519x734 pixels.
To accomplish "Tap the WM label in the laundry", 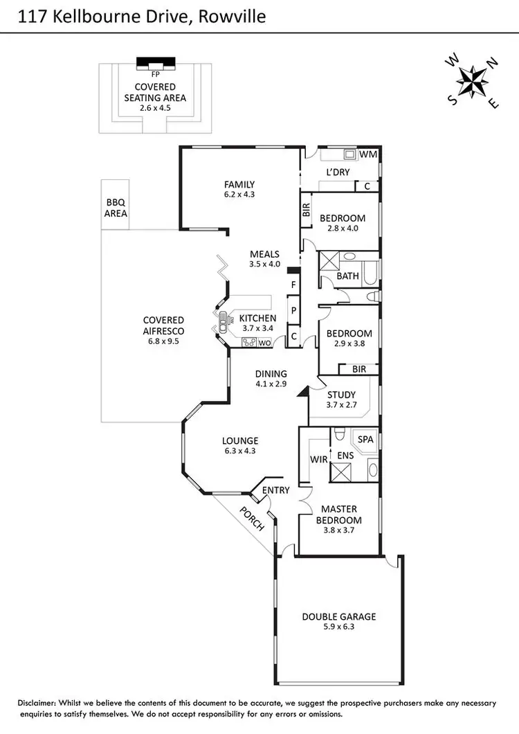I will coord(368,154).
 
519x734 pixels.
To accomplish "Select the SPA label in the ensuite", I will coord(365,440).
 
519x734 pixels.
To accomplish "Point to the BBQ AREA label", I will coord(116,208).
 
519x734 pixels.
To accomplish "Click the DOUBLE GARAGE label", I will coord(338,617).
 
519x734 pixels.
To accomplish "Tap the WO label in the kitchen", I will coord(265,343).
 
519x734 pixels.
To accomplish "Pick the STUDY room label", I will coord(341,394).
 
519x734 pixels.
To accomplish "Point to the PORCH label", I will coord(252,519).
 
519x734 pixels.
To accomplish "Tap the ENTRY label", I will coord(275,490).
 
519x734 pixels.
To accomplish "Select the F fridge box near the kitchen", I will coord(293,285).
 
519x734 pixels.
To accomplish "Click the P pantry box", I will coord(293,311).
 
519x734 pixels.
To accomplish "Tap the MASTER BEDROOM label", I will coord(338,514).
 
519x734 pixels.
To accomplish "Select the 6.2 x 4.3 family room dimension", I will coord(239,195).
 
